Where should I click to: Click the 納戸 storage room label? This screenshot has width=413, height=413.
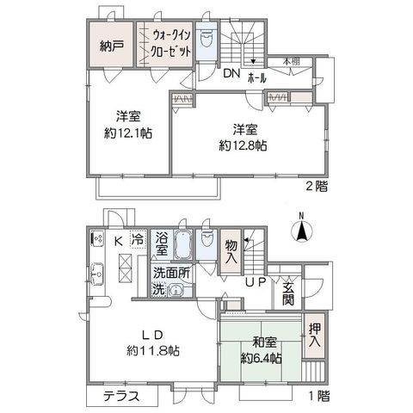112,46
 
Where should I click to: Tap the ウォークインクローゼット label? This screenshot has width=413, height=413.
171,44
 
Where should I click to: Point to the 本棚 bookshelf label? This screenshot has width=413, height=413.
292,61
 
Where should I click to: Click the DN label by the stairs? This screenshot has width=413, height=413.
231,74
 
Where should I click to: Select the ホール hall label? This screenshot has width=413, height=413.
257,77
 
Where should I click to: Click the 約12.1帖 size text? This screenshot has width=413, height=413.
128,133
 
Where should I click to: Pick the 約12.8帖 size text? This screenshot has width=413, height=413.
243,146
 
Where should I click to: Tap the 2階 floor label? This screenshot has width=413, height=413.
317,187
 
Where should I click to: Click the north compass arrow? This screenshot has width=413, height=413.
301,231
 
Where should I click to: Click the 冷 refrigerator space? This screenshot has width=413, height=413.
139,239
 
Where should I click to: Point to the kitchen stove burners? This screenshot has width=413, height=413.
96,238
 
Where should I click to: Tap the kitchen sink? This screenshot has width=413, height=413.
97,274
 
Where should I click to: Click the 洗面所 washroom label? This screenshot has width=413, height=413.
171,274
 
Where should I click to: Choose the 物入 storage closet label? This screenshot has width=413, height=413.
231,252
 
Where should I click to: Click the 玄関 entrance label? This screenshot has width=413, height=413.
287,294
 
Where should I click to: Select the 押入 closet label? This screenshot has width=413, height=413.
314,335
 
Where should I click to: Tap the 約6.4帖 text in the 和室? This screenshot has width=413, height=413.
261,358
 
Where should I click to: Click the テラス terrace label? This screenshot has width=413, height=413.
121,396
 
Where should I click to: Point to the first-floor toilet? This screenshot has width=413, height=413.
206,239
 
